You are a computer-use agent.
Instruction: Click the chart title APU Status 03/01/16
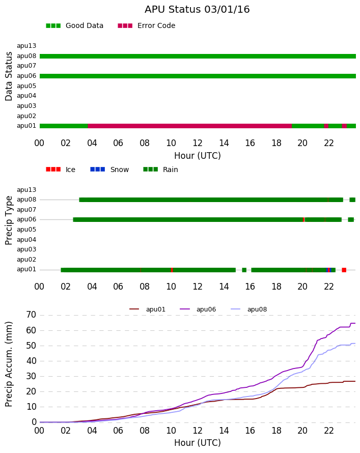click(197, 9)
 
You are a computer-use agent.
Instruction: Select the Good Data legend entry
click(74, 25)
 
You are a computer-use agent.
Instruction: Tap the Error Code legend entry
click(147, 25)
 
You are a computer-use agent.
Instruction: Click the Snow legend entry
click(109, 169)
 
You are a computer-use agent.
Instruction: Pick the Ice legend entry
click(61, 169)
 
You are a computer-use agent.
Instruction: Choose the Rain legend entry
click(160, 169)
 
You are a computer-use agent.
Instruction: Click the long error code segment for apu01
click(190, 126)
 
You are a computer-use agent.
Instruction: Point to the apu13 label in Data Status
click(26, 46)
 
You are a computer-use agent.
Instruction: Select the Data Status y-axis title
click(9, 76)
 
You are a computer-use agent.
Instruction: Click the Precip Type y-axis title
click(9, 220)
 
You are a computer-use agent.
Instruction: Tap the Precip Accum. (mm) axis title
click(9, 364)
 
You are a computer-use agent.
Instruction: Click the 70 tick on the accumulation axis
click(31, 315)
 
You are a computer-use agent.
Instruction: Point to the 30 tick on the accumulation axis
click(31, 376)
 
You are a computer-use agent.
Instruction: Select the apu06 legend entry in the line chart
click(198, 309)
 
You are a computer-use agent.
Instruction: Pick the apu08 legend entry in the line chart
click(249, 309)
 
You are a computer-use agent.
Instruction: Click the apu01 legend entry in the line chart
click(147, 309)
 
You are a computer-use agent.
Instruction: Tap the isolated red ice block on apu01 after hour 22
click(344, 270)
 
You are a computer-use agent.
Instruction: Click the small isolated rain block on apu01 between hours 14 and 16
click(244, 270)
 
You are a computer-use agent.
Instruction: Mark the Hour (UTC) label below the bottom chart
click(198, 443)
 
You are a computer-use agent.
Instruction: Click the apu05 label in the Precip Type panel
click(26, 230)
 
